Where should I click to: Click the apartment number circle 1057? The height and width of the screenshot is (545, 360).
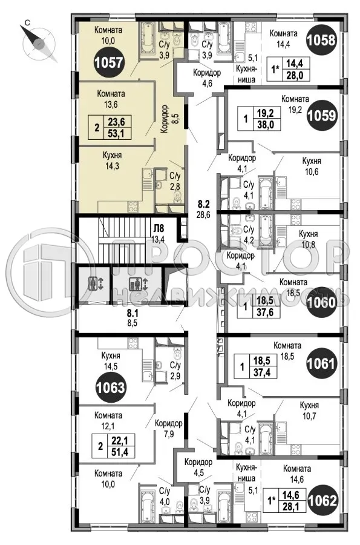click(x=110, y=62)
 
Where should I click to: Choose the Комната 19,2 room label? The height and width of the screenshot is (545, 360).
click(x=295, y=104)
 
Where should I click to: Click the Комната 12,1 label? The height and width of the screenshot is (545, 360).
click(x=108, y=421)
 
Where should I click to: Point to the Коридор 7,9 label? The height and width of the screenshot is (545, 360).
click(x=168, y=429)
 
